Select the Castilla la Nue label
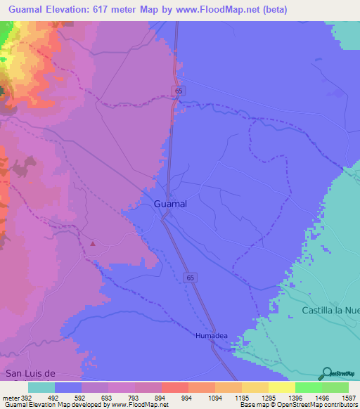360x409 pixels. pos(330,310)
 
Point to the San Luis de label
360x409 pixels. pos(30,375)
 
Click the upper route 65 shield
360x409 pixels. pos(179,91)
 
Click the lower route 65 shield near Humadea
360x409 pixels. pos(191,278)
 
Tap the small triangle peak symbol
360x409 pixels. pos(93,245)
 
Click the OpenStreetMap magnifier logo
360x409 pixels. pos(326,374)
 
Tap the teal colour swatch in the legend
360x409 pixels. pos(41,387)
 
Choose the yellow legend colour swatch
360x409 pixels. pos(282,387)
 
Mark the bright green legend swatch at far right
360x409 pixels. pos(335,387)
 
